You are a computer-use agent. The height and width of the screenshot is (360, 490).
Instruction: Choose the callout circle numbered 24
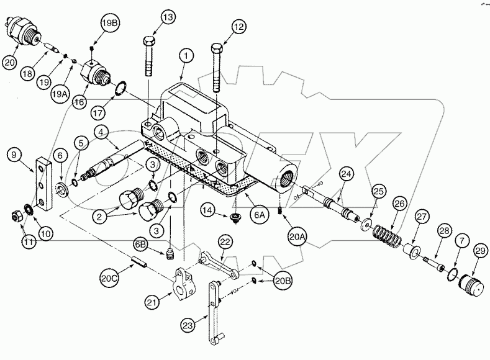click(346, 176)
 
